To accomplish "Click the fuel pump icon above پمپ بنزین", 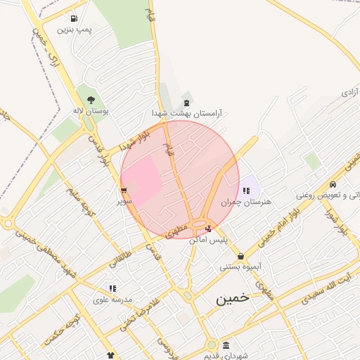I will pyautogui.click(x=75, y=19).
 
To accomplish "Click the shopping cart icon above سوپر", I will pyautogui.click(x=124, y=190).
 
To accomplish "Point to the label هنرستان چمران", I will pyautogui.click(x=245, y=202).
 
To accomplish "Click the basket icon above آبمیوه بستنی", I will pyautogui.click(x=241, y=256).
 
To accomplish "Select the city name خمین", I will pyautogui.click(x=232, y=298).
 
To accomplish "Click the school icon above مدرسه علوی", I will pyautogui.click(x=112, y=288).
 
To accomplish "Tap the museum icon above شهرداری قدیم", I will pyautogui.click(x=225, y=345).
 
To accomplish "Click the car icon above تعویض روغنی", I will pyautogui.click(x=332, y=184).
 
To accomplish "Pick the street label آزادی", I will pyautogui.click(x=349, y=93).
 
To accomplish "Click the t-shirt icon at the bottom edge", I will pyautogui.click(x=110, y=356).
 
